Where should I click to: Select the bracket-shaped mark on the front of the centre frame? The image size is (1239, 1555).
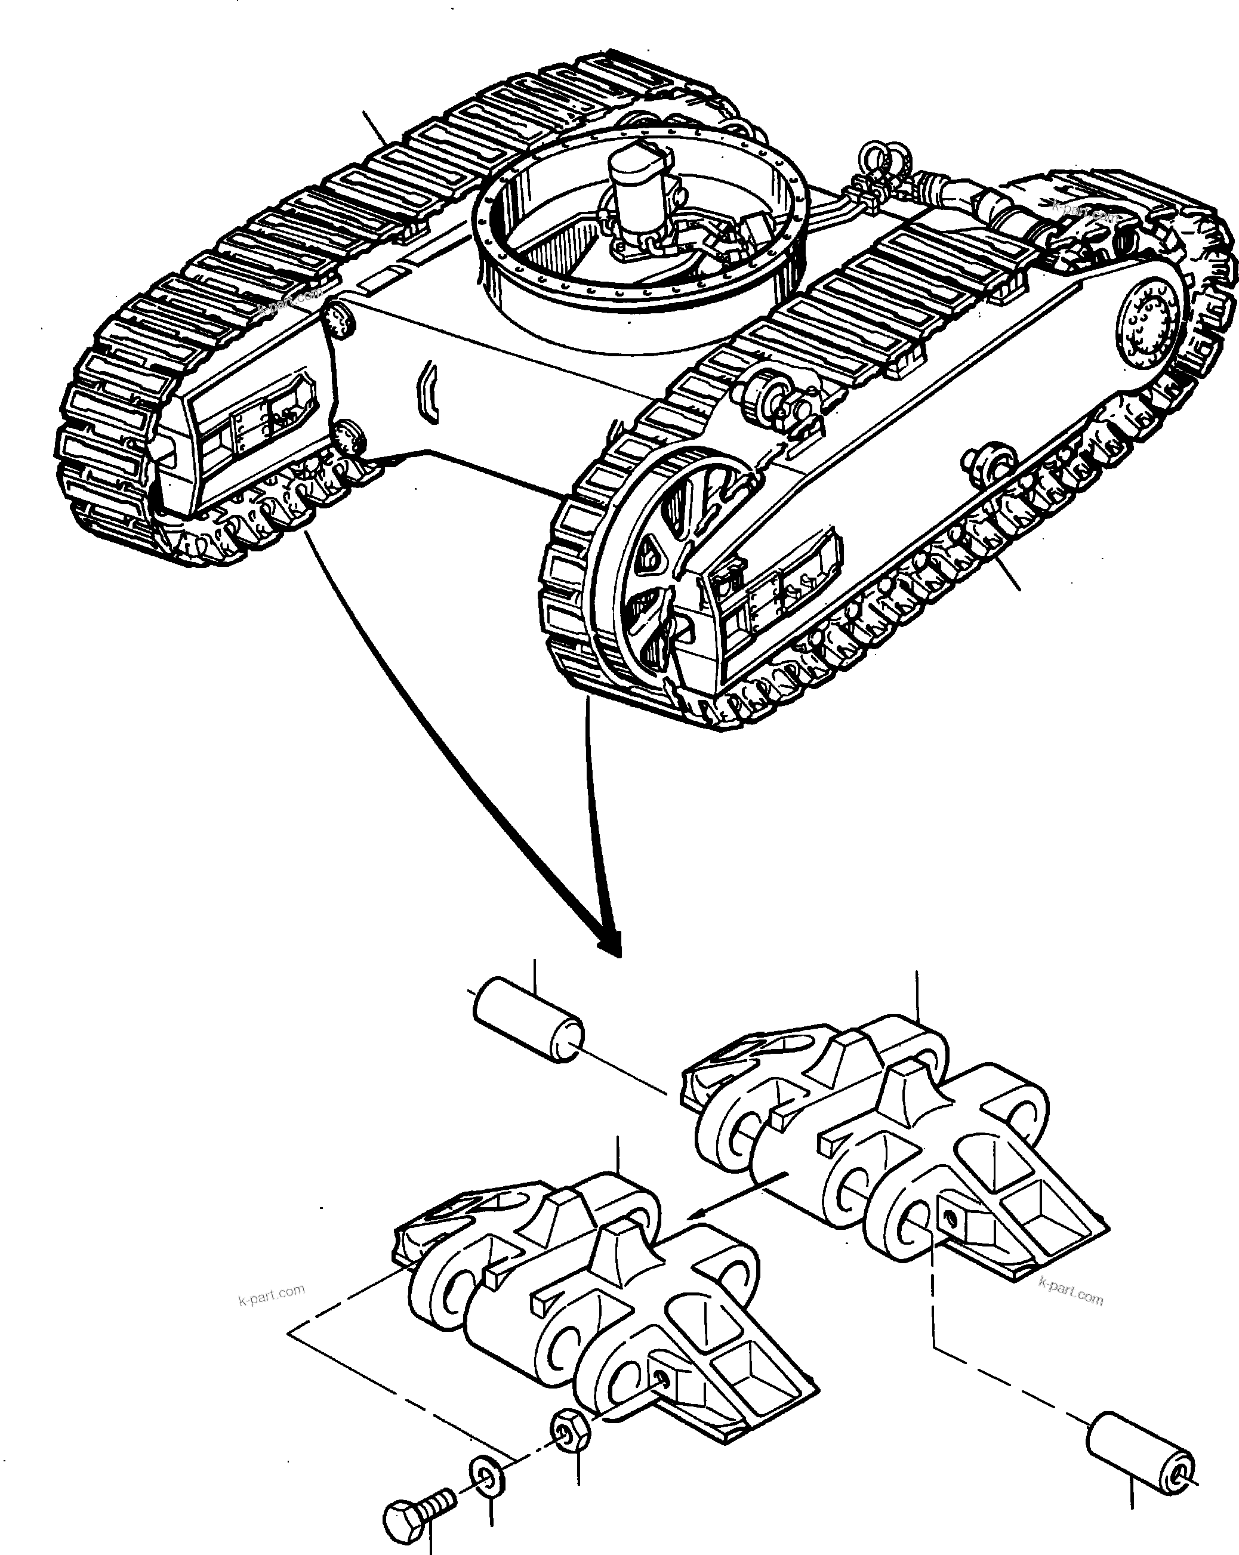[x=429, y=390]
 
